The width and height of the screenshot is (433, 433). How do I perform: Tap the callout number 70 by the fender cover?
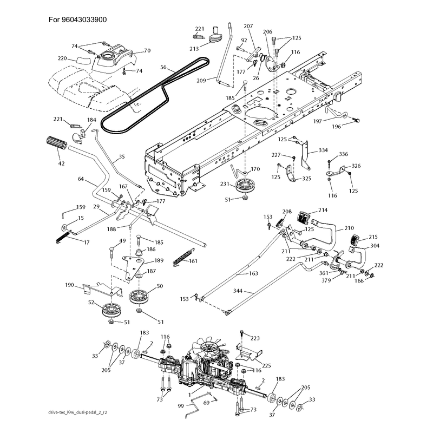pyautogui.click(x=147, y=50)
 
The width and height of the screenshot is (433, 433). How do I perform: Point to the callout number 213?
pyautogui.click(x=194, y=49)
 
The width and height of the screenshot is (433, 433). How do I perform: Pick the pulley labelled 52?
pyautogui.click(x=112, y=310)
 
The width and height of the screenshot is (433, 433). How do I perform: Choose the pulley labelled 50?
pyautogui.click(x=140, y=297)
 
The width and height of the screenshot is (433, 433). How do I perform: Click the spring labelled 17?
pyautogui.click(x=63, y=237)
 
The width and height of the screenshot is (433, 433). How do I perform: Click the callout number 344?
pyautogui.click(x=238, y=291)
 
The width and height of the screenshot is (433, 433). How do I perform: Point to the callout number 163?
pyautogui.click(x=253, y=273)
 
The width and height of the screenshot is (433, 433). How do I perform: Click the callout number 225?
pyautogui.click(x=266, y=366)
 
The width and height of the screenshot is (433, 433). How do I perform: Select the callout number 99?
pyautogui.click(x=181, y=406)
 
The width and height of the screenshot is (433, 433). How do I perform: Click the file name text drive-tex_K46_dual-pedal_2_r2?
pyautogui.click(x=77, y=412)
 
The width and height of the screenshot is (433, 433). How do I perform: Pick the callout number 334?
pyautogui.click(x=323, y=150)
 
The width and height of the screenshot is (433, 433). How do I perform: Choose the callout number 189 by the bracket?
pyautogui.click(x=159, y=260)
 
